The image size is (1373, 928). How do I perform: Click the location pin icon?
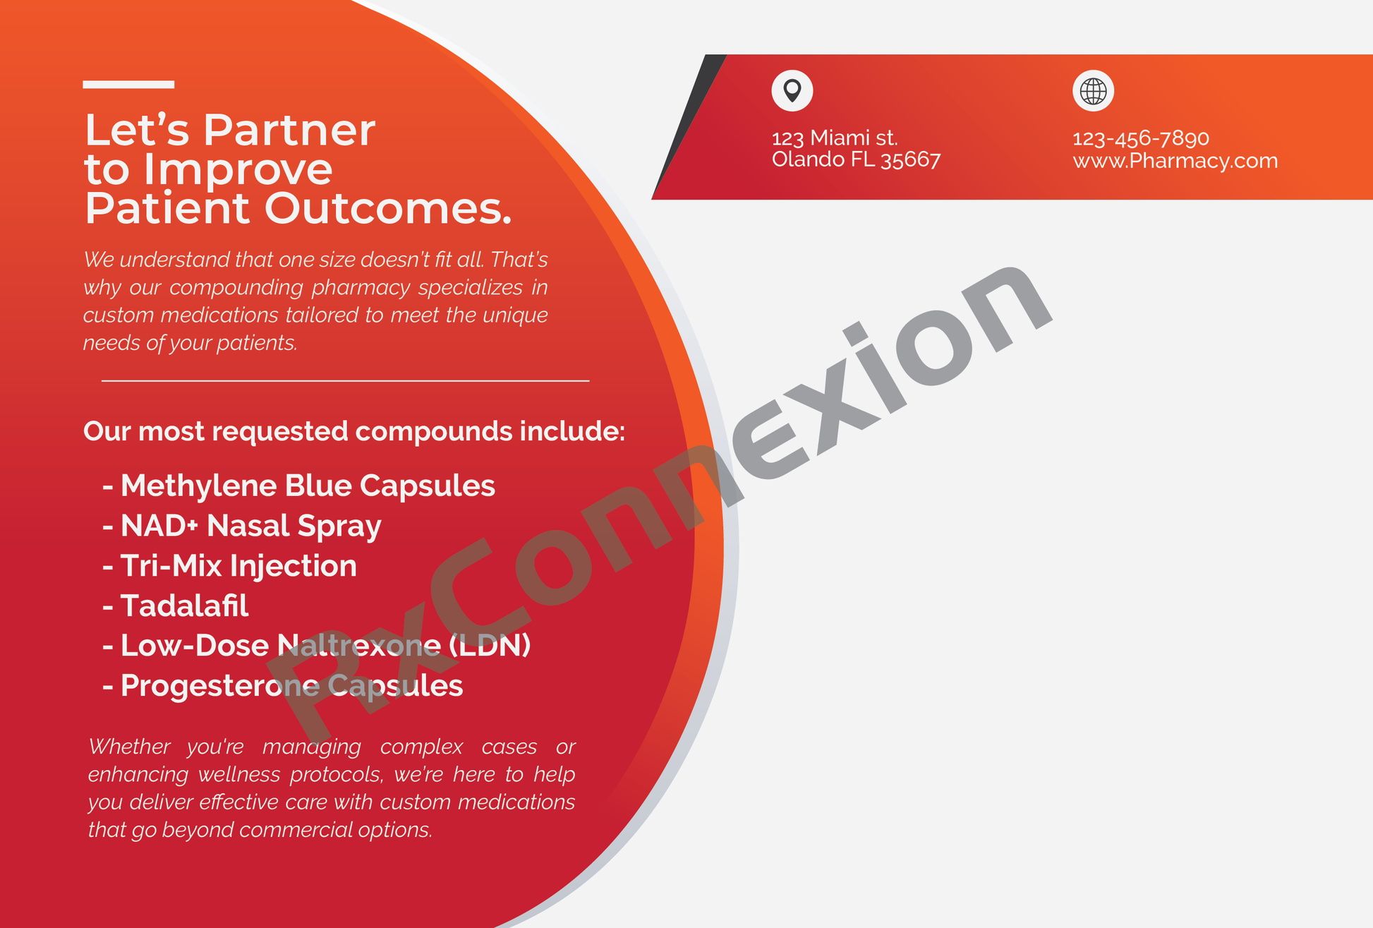click(792, 90)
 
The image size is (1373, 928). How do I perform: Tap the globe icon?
click(1093, 90)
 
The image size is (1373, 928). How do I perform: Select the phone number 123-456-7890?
click(1141, 138)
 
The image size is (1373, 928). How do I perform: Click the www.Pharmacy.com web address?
click(1175, 161)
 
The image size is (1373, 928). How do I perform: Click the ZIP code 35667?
click(911, 159)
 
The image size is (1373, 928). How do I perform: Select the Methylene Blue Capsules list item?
click(308, 486)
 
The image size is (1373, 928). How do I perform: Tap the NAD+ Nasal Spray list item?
click(250, 526)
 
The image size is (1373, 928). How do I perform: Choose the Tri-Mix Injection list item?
click(238, 566)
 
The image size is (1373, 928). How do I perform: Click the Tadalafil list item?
click(184, 605)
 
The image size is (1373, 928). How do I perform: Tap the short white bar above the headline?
click(128, 85)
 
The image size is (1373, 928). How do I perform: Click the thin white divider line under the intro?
click(345, 380)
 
